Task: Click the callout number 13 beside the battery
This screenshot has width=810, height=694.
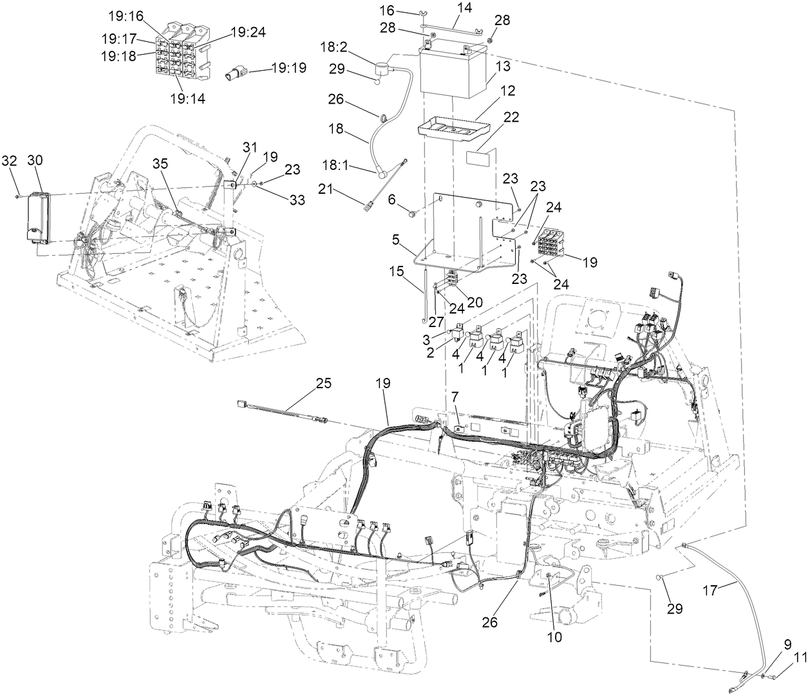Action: tap(503, 66)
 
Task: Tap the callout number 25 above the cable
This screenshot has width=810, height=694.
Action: tap(323, 383)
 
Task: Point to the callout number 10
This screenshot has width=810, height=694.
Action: tap(554, 637)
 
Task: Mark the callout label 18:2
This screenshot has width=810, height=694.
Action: tap(334, 48)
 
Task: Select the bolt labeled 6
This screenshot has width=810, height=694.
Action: tap(413, 211)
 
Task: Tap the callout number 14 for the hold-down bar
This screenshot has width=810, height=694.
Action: tap(464, 8)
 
